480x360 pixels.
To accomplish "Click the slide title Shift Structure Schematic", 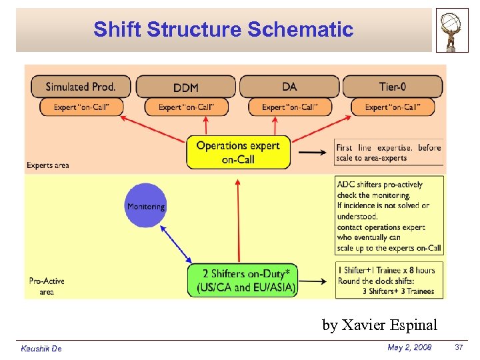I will click(223, 29).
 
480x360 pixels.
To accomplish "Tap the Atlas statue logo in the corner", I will click(452, 30).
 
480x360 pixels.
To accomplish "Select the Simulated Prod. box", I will click(81, 87).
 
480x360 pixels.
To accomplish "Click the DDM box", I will click(185, 87).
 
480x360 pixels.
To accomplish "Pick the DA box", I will click(289, 87).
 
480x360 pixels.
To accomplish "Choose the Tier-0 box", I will click(393, 87).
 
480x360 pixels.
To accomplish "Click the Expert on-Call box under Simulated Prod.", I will click(81, 107).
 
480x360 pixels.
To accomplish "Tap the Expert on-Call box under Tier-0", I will click(393, 107).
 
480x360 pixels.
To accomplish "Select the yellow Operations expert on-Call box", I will click(238, 153).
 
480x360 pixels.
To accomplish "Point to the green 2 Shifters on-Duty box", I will click(243, 280).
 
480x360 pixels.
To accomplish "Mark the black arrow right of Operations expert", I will click(312, 153).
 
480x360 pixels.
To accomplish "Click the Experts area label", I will click(48, 165).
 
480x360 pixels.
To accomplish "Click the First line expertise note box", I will click(389, 153).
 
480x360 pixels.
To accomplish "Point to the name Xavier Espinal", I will click(379, 325).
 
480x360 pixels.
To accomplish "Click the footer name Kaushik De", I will click(41, 349).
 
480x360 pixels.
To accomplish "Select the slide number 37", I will click(458, 347).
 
